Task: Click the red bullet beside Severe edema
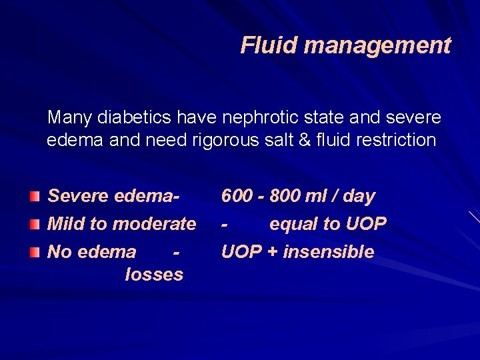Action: (x=35, y=196)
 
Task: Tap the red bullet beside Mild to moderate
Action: (x=35, y=223)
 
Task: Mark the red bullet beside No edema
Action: (x=35, y=251)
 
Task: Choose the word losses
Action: (x=153, y=275)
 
